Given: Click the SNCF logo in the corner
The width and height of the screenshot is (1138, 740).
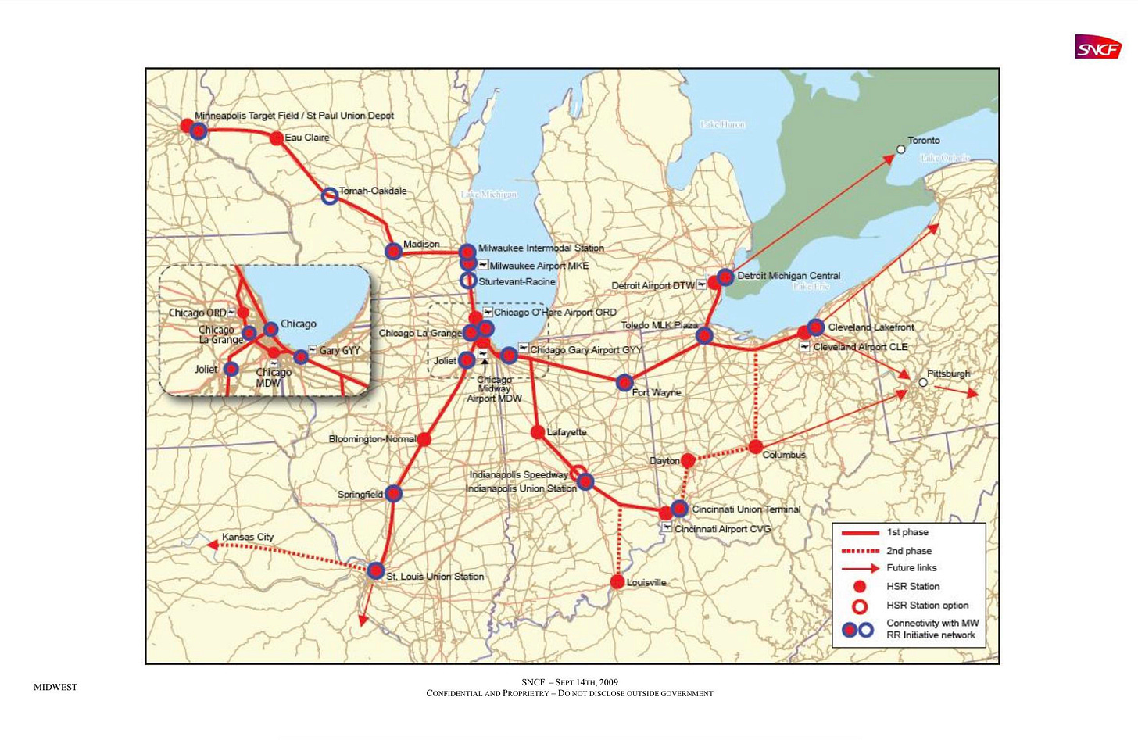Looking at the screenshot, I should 1097,47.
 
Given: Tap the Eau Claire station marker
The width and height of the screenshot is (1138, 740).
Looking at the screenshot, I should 276,138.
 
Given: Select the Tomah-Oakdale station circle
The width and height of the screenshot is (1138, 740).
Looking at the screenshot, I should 330,196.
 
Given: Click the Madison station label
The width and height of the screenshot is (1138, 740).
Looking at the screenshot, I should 421,245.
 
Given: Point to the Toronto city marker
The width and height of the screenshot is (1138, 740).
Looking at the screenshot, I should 900,149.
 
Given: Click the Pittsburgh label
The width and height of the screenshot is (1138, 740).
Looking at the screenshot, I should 948,374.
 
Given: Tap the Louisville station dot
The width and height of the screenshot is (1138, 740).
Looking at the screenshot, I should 617,581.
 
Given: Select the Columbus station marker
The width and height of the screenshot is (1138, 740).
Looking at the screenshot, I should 755,447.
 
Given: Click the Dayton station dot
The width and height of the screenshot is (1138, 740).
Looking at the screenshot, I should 688,461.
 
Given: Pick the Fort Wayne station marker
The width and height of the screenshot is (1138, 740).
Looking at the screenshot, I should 624,383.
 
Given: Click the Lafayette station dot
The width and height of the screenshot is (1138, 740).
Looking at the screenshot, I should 538,432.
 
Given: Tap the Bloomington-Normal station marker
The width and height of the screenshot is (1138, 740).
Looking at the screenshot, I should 424,440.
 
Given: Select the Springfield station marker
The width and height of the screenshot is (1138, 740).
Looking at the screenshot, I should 394,493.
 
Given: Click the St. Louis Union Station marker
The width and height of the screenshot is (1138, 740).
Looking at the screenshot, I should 376,570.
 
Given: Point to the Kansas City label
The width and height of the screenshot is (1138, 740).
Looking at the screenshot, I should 248,537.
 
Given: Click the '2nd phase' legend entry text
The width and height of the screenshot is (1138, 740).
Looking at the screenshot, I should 908,551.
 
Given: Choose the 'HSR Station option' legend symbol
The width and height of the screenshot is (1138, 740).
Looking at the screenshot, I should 860,606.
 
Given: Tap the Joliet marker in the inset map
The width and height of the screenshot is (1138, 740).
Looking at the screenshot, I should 231,369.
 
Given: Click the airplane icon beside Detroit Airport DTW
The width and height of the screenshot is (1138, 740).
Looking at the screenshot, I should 701,284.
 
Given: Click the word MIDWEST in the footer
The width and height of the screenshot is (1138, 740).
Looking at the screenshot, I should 55,688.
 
